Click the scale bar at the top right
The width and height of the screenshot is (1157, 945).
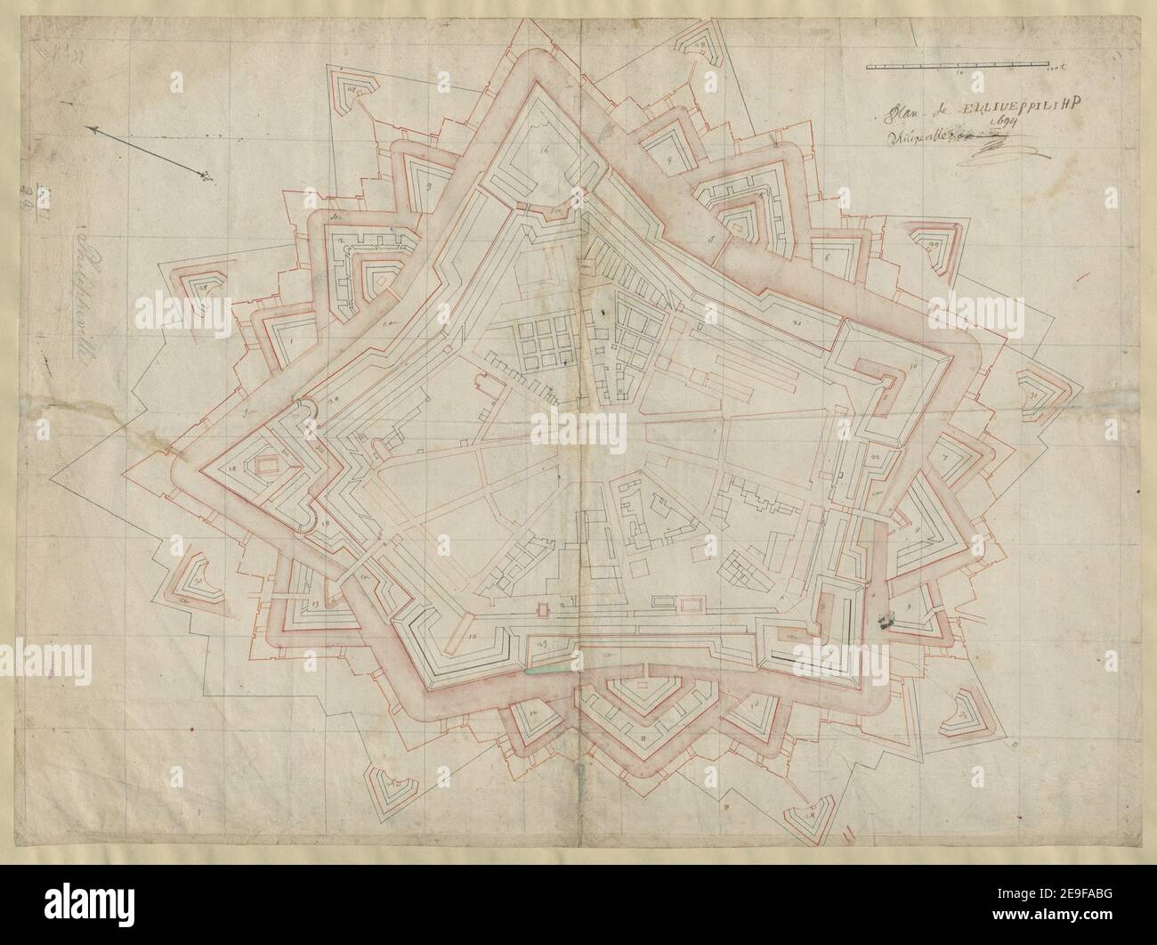(x=958, y=65)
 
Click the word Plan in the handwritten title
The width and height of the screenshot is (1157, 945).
(x=900, y=110)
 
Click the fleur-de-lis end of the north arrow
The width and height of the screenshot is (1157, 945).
(x=206, y=175)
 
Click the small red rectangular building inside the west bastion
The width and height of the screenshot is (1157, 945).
(x=262, y=465)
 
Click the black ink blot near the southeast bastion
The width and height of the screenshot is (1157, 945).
(x=885, y=621)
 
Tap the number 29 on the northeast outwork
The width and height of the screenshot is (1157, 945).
(x=933, y=245)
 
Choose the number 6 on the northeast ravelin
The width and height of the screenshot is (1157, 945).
(x=827, y=258)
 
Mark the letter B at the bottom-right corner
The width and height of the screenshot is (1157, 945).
(x=1015, y=737)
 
